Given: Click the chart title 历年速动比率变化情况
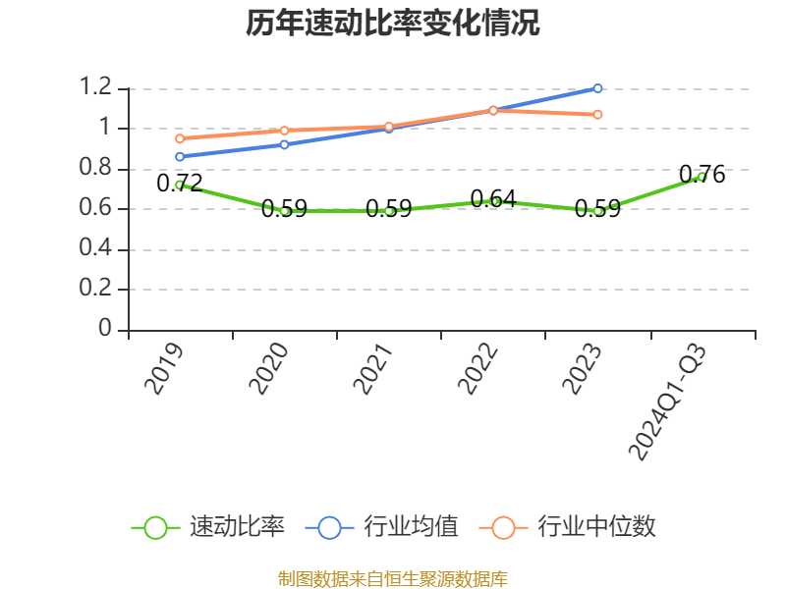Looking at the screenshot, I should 393,24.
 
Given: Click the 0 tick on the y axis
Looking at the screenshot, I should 106,330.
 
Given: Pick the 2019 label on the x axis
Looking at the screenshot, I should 163,368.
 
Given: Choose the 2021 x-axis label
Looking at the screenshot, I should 372,368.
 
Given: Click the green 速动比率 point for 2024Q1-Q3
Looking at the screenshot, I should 702,177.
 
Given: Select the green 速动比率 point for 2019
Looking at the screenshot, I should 180,185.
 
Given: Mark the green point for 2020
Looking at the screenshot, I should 284,211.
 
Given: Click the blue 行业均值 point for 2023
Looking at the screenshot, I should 597,88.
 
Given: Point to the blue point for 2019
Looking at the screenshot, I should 180,156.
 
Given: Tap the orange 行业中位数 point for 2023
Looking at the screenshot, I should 597,114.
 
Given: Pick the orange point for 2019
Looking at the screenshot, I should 180,138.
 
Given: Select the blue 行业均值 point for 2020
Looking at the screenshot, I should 284,144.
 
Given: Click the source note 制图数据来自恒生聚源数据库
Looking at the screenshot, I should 393,578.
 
